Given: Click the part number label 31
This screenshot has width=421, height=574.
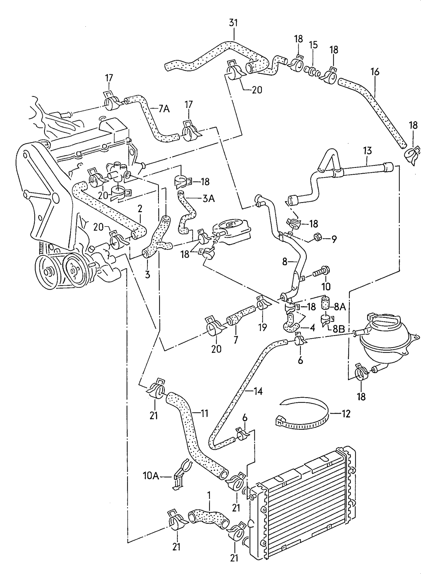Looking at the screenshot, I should pyautogui.click(x=233, y=22).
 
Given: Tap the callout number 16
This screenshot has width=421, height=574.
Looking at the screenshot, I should pyautogui.click(x=375, y=72).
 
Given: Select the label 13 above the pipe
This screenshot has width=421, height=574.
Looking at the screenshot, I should pyautogui.click(x=367, y=151).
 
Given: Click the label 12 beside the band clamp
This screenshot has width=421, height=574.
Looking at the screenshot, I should pyautogui.click(x=346, y=413).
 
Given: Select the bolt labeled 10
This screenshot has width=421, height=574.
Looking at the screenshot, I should pyautogui.click(x=322, y=272).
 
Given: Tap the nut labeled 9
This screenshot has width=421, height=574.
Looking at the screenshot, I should pyautogui.click(x=318, y=237).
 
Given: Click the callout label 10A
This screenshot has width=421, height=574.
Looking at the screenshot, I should pyautogui.click(x=151, y=475).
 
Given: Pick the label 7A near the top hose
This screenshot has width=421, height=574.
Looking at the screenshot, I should pyautogui.click(x=164, y=109).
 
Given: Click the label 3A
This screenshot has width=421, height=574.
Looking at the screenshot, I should pyautogui.click(x=208, y=199).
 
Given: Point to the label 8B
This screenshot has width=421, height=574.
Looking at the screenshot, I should pyautogui.click(x=338, y=329).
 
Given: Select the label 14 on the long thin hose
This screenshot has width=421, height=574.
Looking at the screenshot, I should pyautogui.click(x=258, y=391).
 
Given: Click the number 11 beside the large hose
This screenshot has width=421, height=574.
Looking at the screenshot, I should pyautogui.click(x=204, y=413).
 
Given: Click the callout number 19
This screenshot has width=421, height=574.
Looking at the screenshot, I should pyautogui.click(x=262, y=327).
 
